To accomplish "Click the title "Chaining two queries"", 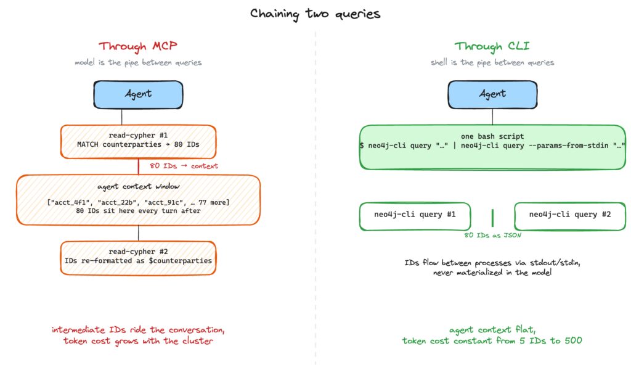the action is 315,14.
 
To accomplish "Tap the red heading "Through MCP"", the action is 138,46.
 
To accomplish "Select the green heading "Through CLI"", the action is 492,46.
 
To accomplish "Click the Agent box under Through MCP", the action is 138,94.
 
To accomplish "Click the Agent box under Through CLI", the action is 492,94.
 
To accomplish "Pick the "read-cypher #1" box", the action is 138,142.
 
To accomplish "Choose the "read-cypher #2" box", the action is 138,258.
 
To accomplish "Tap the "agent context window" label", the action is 139,186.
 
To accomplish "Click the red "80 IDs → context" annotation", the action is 184,166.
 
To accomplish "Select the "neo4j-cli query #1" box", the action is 415,216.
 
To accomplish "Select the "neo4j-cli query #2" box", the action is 570,216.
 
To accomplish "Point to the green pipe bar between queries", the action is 492,218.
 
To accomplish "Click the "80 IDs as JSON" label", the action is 492,235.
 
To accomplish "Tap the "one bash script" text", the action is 492,136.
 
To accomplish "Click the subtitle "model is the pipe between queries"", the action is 138,62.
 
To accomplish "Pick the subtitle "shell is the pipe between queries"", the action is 492,62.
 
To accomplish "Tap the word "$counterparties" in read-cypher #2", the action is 181,261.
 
